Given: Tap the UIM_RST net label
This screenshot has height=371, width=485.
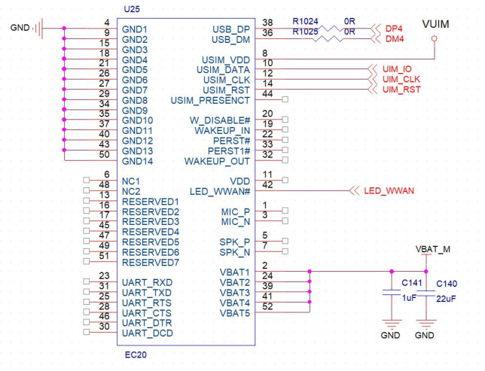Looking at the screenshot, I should coord(399,90).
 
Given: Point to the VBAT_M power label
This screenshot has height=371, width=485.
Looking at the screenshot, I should coord(433,248).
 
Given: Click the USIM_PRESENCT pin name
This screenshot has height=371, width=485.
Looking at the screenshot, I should coord(211,100).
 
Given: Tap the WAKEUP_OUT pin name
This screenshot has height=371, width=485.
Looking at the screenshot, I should coord(218,161).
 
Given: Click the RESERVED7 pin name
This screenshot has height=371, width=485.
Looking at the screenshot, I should coord(151,263).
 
